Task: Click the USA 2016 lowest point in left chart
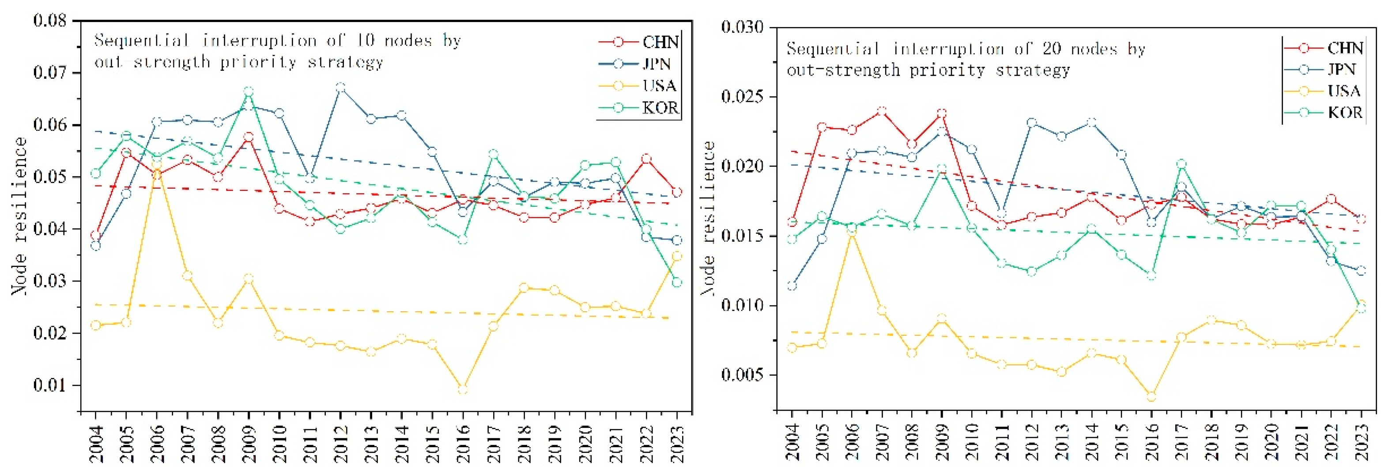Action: tap(462, 388)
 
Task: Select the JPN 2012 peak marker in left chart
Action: tap(340, 88)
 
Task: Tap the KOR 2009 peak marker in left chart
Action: tap(249, 92)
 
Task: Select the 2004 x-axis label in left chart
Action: tap(96, 444)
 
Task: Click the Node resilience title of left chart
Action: tap(19, 216)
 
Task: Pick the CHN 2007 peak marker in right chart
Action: tap(882, 112)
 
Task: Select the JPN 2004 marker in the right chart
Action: tap(792, 286)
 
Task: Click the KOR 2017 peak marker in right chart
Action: tap(1181, 164)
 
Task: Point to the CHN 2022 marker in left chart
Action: tap(646, 159)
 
